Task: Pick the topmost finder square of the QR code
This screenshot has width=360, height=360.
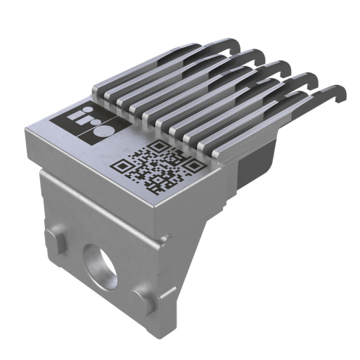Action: tap(159, 146)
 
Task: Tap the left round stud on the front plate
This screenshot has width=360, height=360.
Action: tap(58, 238)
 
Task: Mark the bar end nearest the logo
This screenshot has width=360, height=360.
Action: tap(98, 91)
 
